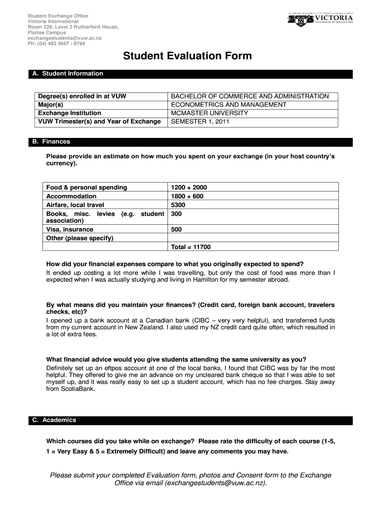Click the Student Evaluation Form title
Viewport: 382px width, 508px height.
[188, 56]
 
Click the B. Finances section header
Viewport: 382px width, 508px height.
[51, 142]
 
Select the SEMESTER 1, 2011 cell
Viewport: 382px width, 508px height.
[200, 122]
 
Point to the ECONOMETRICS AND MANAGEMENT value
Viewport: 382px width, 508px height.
[229, 105]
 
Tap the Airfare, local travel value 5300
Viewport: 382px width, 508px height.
[178, 204]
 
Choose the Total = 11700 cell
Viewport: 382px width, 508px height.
[191, 247]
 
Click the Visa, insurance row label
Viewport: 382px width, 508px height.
[69, 230]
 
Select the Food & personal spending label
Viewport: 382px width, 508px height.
[86, 188]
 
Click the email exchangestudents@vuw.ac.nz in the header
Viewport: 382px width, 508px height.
[64, 38]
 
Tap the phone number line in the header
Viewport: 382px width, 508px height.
[56, 43]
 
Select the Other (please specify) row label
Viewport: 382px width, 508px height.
[79, 238]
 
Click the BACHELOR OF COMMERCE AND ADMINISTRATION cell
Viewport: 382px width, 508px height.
[250, 96]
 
